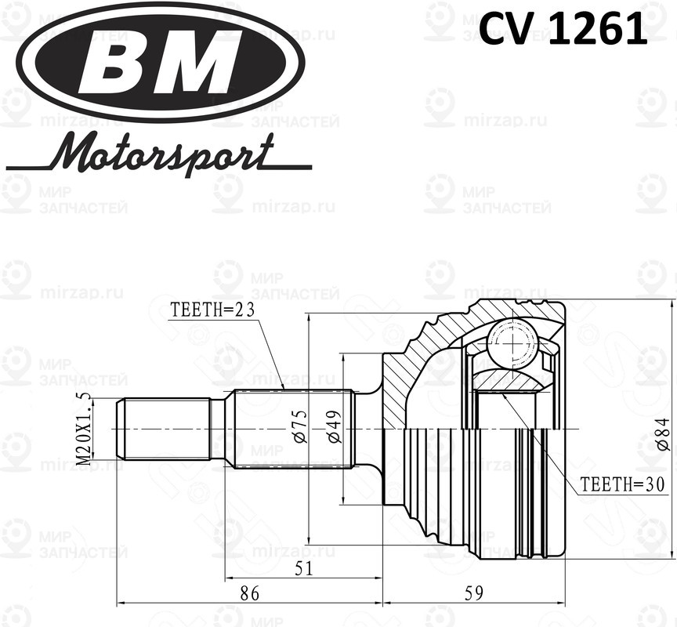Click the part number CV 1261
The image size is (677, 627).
tap(563, 30)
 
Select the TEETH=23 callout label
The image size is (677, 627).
tap(213, 310)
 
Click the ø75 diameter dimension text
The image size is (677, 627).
tap(300, 428)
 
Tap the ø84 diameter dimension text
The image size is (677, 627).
tap(662, 433)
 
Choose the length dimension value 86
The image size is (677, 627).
tap(248, 593)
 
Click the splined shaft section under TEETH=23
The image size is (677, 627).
tap(290, 429)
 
